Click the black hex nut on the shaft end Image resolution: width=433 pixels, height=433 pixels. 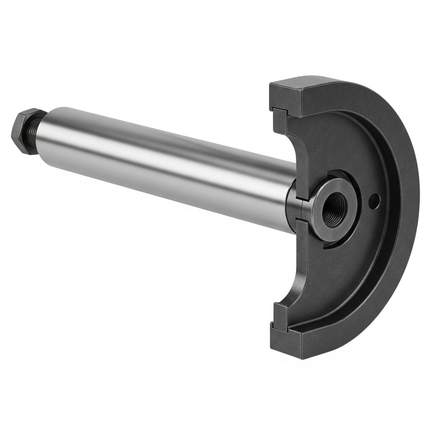pyautogui.click(x=23, y=131)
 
